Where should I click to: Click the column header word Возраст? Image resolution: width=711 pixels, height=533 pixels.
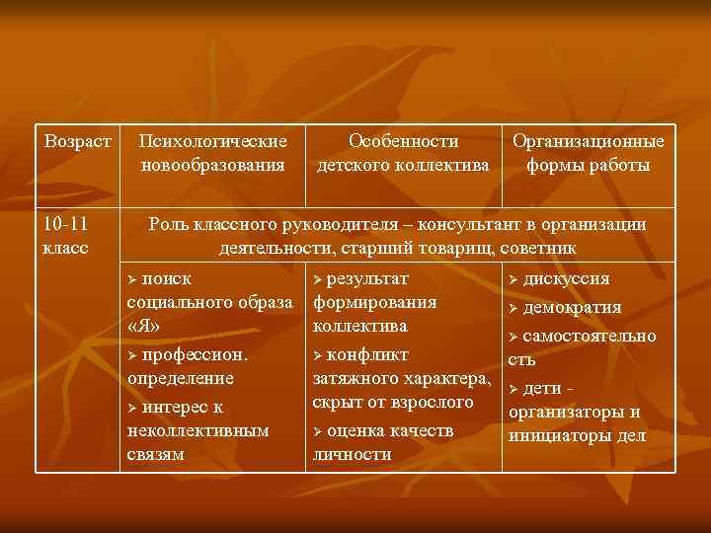point(77,143)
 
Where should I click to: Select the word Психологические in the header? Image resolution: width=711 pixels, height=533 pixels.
point(212,143)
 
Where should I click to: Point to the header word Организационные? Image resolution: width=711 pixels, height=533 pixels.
point(588,143)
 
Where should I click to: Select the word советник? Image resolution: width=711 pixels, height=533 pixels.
point(532,247)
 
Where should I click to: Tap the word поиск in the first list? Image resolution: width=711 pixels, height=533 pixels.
point(167,279)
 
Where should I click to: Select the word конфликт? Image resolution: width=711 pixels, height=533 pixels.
point(367,353)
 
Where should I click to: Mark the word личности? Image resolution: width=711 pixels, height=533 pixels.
point(352,455)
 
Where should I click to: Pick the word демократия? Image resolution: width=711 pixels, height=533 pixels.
point(572,307)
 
